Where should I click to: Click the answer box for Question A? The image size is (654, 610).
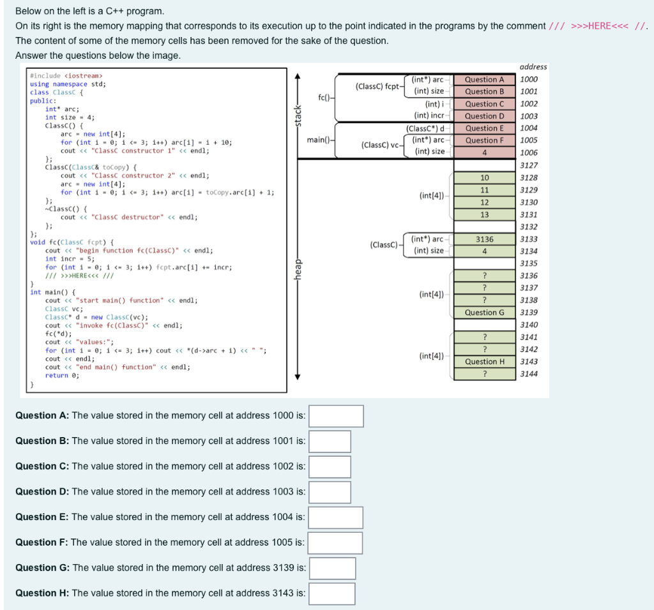coord(336,416)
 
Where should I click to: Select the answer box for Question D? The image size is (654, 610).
coord(330,492)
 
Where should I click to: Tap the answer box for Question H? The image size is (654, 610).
coord(332,593)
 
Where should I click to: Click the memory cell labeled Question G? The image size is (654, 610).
coord(484,313)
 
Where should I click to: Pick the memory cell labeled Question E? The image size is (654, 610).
coord(484,128)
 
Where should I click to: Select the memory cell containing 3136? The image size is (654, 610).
coord(484,239)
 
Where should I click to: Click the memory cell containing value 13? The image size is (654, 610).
coord(484,215)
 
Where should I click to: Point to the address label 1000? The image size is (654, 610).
coord(529,80)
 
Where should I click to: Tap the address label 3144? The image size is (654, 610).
coord(529,374)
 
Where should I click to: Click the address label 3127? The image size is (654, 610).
coord(529,166)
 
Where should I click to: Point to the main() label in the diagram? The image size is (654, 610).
coord(318,139)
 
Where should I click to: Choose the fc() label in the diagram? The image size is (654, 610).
coord(324,97)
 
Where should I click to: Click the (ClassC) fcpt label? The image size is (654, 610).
coord(377,86)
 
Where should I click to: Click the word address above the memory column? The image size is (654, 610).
coord(533,67)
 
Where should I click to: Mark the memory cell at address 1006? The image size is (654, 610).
coord(484,152)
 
